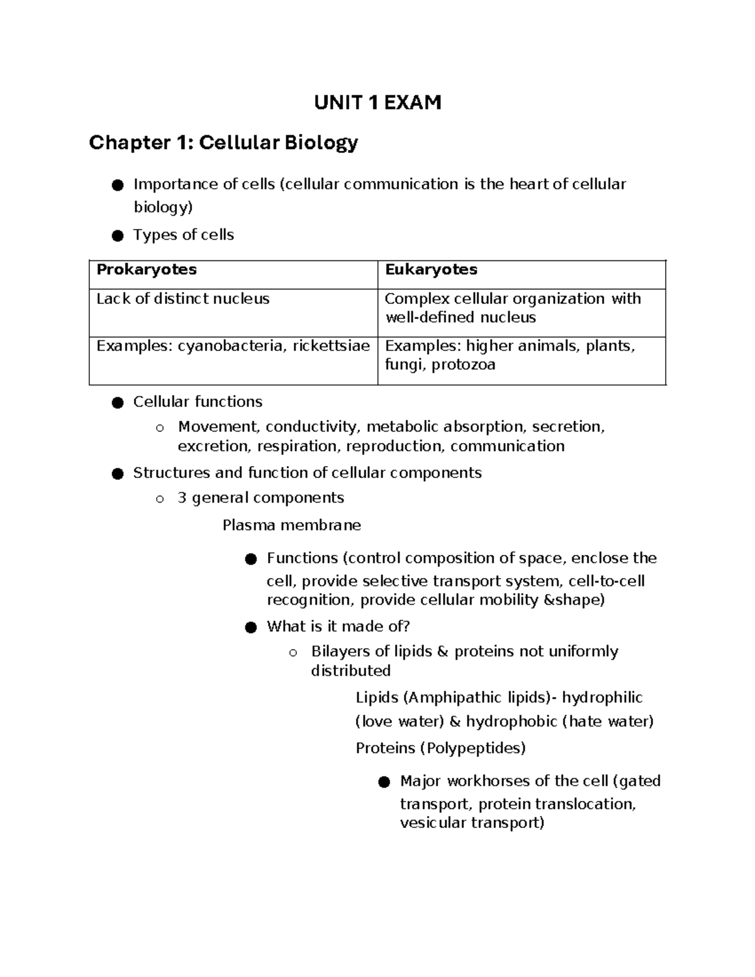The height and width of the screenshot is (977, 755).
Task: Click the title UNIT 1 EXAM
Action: (377, 102)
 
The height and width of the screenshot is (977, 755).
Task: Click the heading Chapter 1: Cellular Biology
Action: (223, 143)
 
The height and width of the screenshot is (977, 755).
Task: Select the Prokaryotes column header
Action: (146, 269)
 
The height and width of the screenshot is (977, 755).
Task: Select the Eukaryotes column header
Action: (431, 269)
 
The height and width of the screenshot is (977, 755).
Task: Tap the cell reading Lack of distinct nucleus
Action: (182, 299)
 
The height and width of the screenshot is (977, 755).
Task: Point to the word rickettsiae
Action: (331, 346)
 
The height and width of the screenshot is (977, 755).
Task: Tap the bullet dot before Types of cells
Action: (117, 236)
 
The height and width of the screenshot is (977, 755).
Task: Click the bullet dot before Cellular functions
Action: (117, 403)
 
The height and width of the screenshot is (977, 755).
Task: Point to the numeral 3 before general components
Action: (182, 498)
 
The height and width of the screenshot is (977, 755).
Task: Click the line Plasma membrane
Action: (292, 525)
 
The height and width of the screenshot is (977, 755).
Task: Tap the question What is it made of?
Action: (338, 627)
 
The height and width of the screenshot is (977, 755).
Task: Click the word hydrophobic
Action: (512, 721)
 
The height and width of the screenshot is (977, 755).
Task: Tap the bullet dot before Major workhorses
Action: (384, 782)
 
